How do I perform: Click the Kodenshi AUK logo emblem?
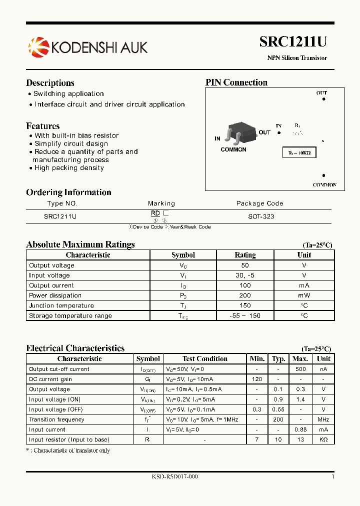pos(38,47)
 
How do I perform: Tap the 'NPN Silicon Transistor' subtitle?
pos(296,58)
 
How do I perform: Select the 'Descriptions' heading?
pos(50,83)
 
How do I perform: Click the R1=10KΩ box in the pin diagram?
pos(299,153)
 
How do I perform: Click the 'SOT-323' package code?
pos(261,216)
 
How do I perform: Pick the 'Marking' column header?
pos(161,203)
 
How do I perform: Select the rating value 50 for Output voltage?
pos(245,265)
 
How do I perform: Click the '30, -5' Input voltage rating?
pos(245,275)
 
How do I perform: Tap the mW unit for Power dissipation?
pos(304,295)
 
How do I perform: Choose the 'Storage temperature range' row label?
pos(70,315)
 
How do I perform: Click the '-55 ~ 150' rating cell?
pos(245,315)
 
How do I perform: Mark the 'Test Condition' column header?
pos(204,358)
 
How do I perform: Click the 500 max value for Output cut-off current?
pos(300,369)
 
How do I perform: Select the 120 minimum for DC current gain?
pos(257,379)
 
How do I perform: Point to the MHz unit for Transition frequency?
pos(323,419)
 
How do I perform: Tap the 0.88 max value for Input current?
pos(300,429)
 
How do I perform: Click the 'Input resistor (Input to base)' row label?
pos(69,439)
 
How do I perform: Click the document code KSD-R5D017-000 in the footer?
pos(174,477)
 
